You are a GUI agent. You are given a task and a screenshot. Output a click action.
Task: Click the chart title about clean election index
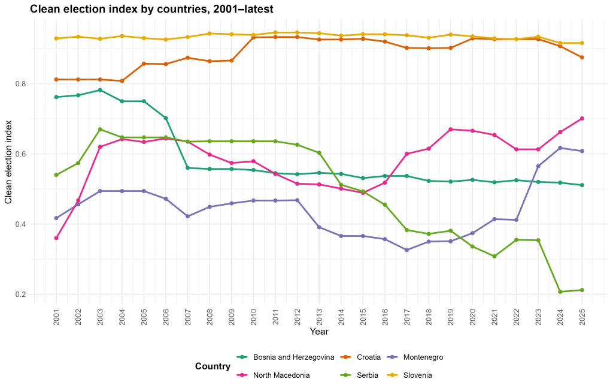pyautogui.click(x=151, y=9)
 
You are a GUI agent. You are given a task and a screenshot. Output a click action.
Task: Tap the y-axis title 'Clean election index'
pyautogui.click(x=8, y=162)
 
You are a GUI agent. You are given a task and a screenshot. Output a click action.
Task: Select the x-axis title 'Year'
pyautogui.click(x=319, y=332)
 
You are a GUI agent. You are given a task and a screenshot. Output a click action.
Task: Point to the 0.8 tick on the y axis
pyautogui.click(x=20, y=84)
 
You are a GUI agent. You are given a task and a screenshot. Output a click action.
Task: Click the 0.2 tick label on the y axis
pyautogui.click(x=20, y=294)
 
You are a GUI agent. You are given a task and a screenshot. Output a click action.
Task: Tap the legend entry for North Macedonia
pyautogui.click(x=273, y=375)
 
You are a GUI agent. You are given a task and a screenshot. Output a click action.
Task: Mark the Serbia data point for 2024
pyautogui.click(x=560, y=292)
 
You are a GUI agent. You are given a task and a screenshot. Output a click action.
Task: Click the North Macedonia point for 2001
pyautogui.click(x=56, y=238)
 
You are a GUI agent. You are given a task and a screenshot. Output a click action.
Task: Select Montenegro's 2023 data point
pyautogui.click(x=538, y=166)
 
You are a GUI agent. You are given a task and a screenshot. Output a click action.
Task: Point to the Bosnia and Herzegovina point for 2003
pyautogui.click(x=100, y=90)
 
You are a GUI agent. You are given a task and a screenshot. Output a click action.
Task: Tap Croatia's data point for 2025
pyautogui.click(x=582, y=58)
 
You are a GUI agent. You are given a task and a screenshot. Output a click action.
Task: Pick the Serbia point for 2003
pyautogui.click(x=100, y=130)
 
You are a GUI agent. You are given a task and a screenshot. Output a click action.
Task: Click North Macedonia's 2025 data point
pyautogui.click(x=582, y=118)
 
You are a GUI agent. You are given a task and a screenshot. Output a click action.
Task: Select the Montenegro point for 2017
pyautogui.click(x=406, y=250)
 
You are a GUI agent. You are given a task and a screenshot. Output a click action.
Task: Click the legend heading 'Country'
pyautogui.click(x=213, y=366)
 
